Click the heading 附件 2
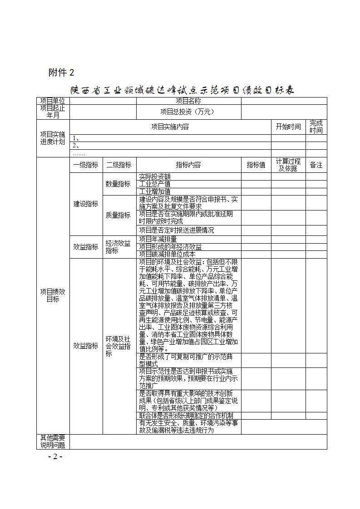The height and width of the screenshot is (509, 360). (61, 73)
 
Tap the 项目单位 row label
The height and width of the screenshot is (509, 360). (53, 101)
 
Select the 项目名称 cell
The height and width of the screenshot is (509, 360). (188, 101)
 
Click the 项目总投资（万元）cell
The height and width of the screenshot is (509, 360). (188, 112)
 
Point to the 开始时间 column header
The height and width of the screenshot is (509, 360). (288, 127)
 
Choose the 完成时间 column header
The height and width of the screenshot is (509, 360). (316, 127)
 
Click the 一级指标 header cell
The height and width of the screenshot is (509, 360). (86, 165)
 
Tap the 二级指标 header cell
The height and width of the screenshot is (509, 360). (119, 165)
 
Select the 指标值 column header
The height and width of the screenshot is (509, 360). (256, 165)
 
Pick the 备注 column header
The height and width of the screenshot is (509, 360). (316, 165)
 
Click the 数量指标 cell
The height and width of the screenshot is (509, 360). (118, 184)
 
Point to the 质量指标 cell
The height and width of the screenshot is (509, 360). (118, 215)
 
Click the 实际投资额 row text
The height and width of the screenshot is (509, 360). (155, 176)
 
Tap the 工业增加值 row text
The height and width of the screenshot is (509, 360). (155, 191)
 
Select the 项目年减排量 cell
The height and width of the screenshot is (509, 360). (158, 239)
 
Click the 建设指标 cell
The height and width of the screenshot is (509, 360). (86, 204)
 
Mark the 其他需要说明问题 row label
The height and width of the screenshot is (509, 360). (53, 441)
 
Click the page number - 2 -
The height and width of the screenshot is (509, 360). (55, 456)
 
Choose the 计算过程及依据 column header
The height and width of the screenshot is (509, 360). (288, 165)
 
